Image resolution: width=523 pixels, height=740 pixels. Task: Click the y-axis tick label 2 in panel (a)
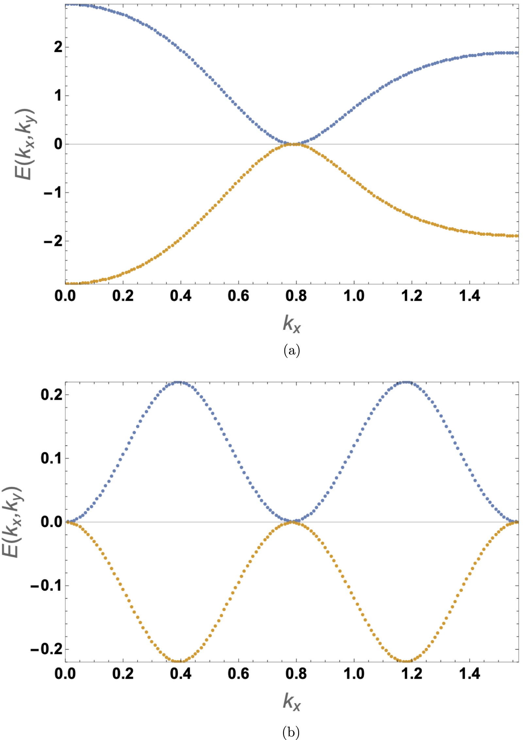point(58,47)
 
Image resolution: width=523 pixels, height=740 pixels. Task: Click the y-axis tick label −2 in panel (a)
point(53,241)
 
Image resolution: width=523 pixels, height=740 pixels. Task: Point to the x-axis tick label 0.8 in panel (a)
point(296,296)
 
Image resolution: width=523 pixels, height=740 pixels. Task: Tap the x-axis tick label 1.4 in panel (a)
point(469,296)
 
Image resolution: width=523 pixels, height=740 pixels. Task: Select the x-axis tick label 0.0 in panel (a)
point(65,296)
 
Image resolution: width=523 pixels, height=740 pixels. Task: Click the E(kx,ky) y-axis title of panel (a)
point(25,144)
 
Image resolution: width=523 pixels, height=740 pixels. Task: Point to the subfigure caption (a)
point(291,350)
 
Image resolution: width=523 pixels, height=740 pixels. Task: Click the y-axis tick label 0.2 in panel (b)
point(51,395)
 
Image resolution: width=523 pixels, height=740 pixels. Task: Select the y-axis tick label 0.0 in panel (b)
point(51,522)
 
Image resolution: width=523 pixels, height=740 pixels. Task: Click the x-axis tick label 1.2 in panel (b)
point(412,674)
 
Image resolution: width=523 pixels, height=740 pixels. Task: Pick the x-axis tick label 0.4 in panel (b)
point(180,674)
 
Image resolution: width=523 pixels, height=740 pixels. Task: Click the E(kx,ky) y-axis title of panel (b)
point(11,522)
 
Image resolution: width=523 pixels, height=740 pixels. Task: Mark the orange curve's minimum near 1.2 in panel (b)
point(406,661)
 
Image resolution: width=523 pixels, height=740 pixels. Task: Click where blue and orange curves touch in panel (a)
point(293,144)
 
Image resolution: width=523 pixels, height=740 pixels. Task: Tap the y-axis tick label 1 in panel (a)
point(58,96)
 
